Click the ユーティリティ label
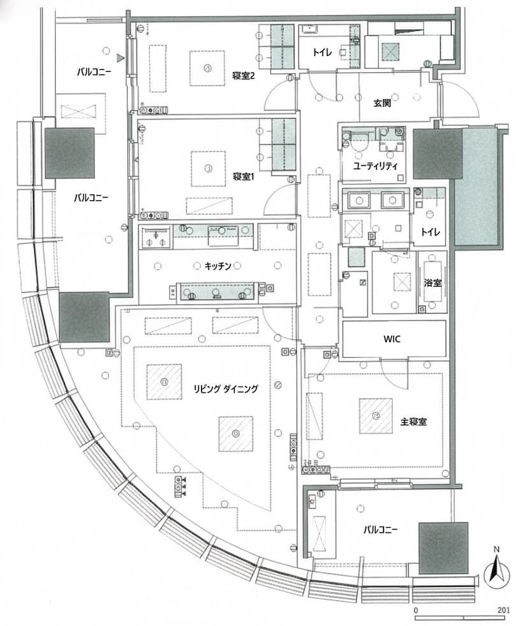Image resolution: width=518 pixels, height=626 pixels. click(376, 165)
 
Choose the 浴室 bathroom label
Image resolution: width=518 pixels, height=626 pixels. click(433, 282)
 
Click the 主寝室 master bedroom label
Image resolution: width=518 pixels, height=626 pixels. click(413, 422)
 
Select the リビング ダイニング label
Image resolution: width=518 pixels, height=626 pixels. click(226, 388)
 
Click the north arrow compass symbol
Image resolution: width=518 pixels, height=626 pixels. click(495, 572)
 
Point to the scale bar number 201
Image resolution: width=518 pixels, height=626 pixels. click(503, 611)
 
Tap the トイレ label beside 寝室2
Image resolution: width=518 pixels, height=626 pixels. click(322, 54)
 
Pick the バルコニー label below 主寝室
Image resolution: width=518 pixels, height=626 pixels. click(381, 530)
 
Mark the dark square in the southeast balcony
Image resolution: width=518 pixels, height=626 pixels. click(443, 547)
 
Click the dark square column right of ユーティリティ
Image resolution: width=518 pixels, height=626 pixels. click(438, 154)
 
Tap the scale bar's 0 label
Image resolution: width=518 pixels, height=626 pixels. click(416, 611)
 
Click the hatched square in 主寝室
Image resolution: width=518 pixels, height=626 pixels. click(376, 416)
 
